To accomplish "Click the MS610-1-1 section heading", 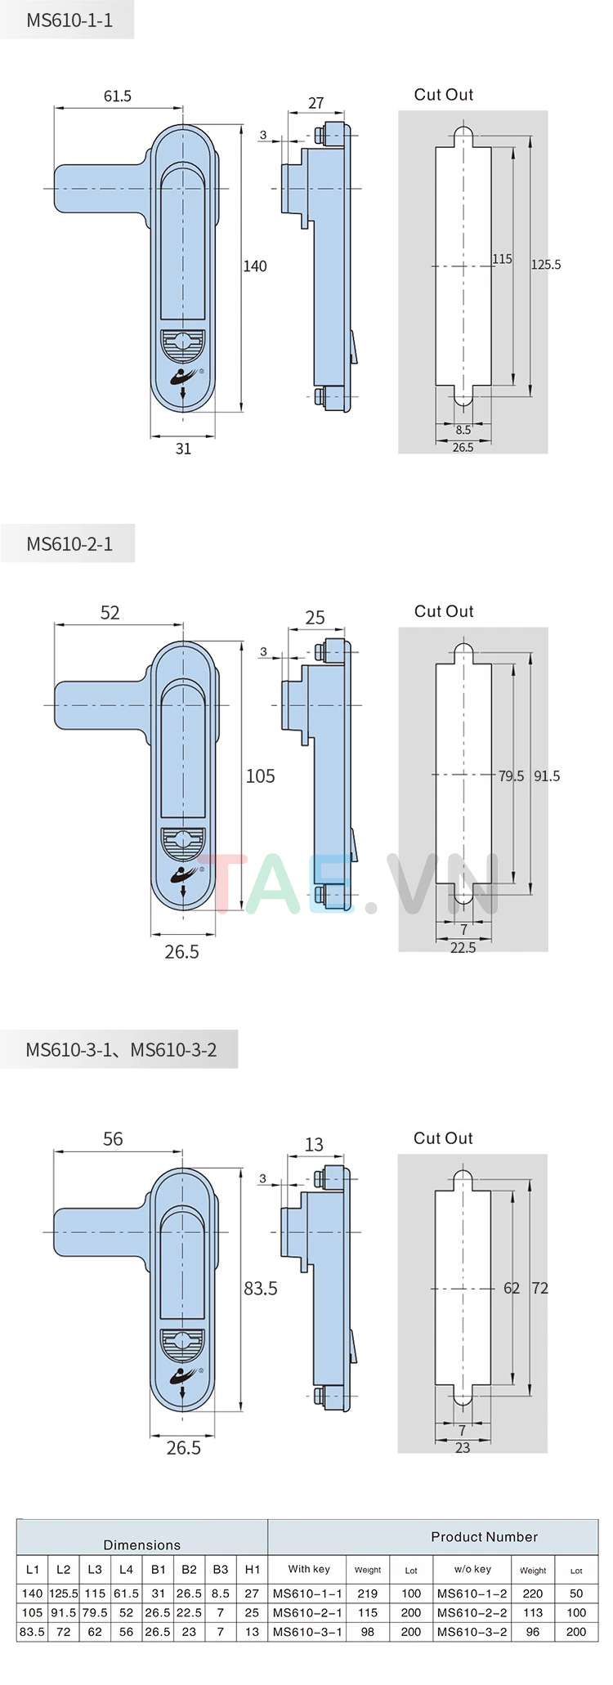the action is [x=69, y=20].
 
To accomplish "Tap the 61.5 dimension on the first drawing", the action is [x=118, y=96].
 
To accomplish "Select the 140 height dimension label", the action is [x=255, y=266].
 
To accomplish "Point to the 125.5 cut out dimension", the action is [x=546, y=265].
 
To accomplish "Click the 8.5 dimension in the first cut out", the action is [x=463, y=430].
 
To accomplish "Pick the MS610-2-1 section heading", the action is [x=69, y=544].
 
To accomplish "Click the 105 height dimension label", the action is [x=261, y=776].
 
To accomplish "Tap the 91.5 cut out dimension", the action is [x=547, y=776].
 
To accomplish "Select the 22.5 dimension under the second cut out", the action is [x=463, y=947].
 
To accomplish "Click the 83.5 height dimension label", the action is [x=261, y=1289].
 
